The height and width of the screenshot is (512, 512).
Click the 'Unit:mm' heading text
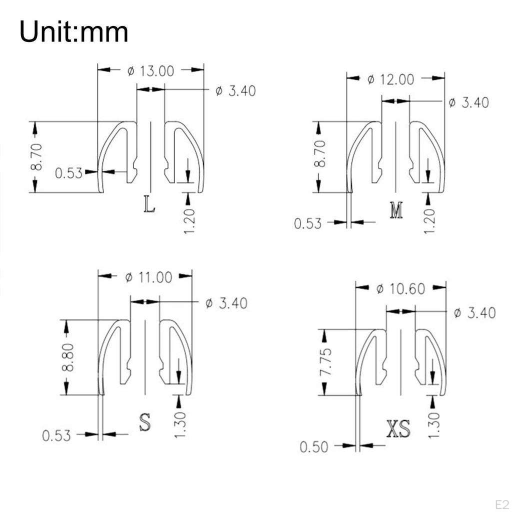click(73, 31)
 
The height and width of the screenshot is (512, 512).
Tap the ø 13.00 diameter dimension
click(150, 71)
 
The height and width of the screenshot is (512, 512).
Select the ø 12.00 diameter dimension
click(390, 79)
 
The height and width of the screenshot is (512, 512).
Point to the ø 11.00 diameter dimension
click(148, 277)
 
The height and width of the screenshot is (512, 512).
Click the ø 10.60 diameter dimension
click(400, 289)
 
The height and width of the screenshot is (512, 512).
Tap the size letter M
click(396, 210)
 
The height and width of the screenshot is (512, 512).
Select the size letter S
click(145, 421)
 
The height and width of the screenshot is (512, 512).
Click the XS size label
click(398, 428)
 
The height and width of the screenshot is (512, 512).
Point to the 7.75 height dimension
click(326, 362)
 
